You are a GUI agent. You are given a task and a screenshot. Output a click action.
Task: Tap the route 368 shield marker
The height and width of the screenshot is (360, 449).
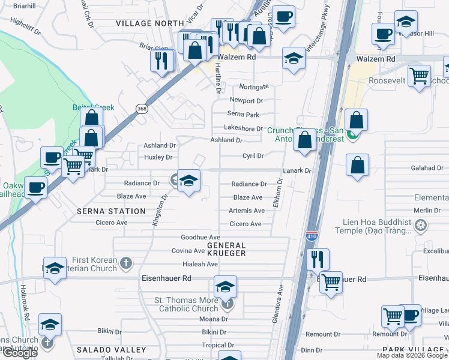pyautogui.click(x=142, y=109)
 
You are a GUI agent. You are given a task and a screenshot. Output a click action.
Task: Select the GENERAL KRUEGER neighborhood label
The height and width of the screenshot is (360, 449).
pyautogui.click(x=226, y=249)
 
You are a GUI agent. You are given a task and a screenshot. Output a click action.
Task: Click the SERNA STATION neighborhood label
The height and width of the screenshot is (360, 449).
pyautogui.click(x=111, y=211)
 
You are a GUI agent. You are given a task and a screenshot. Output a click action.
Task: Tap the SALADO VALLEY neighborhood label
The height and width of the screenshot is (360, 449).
pyautogui.click(x=111, y=349)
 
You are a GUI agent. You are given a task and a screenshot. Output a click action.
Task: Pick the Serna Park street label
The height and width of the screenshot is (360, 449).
pyautogui.click(x=243, y=114)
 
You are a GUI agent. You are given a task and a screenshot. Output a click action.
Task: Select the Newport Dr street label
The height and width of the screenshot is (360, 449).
pyautogui.click(x=246, y=101)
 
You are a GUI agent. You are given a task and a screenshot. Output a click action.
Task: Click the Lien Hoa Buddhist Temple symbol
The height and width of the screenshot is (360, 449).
pyautogui.click(x=421, y=225)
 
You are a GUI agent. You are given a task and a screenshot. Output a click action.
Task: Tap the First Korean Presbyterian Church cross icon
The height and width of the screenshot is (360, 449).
pyautogui.click(x=125, y=263)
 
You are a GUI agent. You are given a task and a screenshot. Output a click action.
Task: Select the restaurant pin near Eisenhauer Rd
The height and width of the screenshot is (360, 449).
pyautogui.click(x=318, y=260)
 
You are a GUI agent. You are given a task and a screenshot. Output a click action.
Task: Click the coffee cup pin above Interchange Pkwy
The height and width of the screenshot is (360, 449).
pyautogui.click(x=284, y=16)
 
